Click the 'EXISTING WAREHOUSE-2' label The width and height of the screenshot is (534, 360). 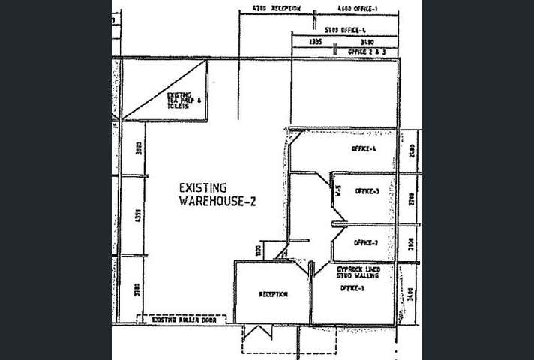tap(217, 193)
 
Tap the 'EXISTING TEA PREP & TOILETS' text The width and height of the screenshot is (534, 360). tap(184, 100)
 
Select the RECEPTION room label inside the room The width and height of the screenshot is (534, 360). tap(273, 294)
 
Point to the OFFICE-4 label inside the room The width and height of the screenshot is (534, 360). tap(363, 148)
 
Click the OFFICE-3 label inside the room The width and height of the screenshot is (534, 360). tap(367, 191)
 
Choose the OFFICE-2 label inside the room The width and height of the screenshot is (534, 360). tap(365, 242)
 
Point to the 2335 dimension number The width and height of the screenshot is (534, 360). tap(315, 42)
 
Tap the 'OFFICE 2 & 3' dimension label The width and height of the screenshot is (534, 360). tap(367, 52)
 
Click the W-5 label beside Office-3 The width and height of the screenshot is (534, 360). tap(338, 192)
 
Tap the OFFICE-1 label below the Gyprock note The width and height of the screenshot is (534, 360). tap(351, 287)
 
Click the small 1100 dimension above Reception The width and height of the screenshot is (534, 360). tap(258, 250)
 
